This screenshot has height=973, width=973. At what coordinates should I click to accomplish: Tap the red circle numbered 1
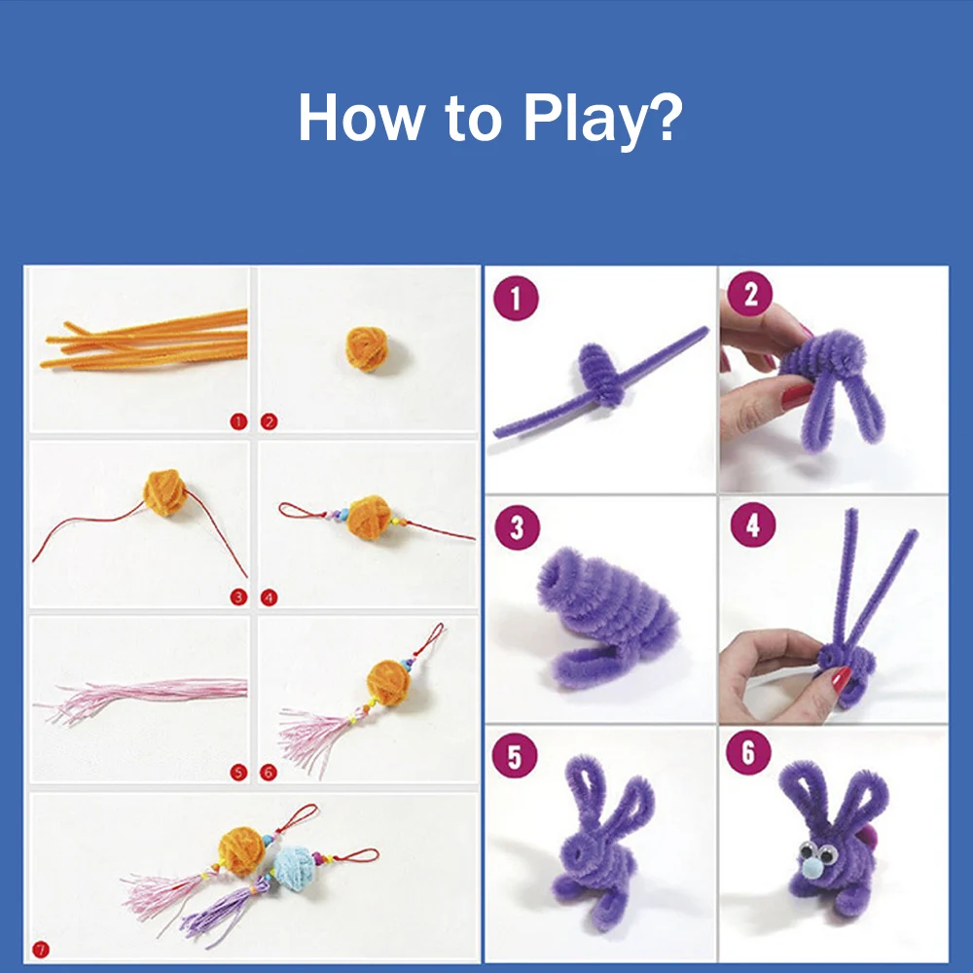coord(238,422)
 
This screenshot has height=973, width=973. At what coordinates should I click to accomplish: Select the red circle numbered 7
coord(40,950)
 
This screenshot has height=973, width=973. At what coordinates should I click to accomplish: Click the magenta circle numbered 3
coord(518,527)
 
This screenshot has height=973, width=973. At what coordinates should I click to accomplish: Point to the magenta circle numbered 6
coord(748,753)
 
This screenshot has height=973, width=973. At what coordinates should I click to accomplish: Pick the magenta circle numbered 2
coord(750,294)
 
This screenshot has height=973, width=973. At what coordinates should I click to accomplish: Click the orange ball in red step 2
coord(367,349)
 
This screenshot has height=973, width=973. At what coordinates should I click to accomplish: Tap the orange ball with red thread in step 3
coord(164,492)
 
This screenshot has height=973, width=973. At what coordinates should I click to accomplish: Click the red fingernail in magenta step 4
coord(841,679)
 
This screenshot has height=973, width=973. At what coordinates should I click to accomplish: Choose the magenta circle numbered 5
coord(515,756)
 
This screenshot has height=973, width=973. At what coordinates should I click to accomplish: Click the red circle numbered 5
coord(238,773)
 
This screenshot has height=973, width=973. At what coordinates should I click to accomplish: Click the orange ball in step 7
coord(242,851)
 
